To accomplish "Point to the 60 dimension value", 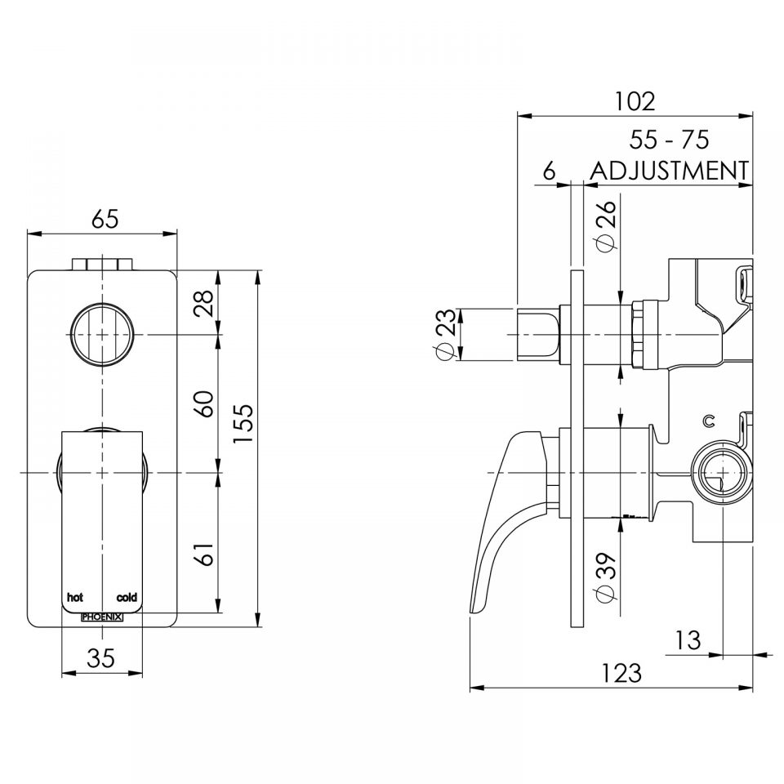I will [207, 403].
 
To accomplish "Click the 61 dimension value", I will [207, 553].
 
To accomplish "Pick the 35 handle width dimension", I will [101, 658].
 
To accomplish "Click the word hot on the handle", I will [74, 598].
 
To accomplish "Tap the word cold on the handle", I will [127, 598].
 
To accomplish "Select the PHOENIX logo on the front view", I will [102, 618].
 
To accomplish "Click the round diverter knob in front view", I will [102, 335].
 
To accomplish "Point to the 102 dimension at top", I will [635, 101].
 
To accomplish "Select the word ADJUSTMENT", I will [669, 171].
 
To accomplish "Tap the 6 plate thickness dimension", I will [549, 171].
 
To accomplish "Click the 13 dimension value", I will [688, 640].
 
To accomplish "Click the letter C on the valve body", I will [709, 421].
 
